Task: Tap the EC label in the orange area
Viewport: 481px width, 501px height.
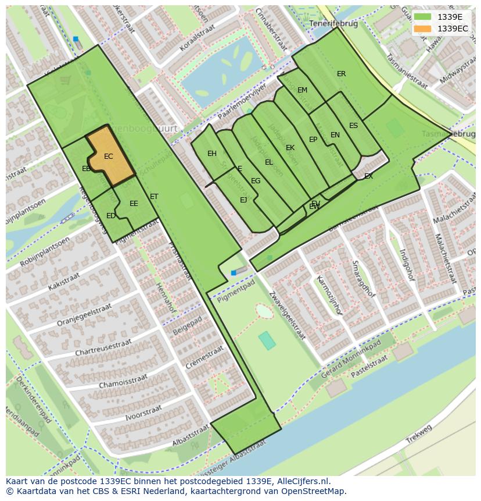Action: [x=109, y=157]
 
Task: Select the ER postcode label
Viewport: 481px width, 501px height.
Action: [x=341, y=74]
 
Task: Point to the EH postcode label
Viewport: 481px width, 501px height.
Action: [x=212, y=154]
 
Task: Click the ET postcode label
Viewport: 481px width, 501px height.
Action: [x=154, y=197]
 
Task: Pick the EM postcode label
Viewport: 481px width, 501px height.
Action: [x=302, y=90]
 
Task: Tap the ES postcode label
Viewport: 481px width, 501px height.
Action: [x=353, y=126]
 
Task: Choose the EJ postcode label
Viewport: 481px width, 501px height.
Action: [x=243, y=200]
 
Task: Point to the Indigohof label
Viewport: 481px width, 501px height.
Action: [x=406, y=265]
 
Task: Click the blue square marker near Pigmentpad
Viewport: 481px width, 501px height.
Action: [x=234, y=273]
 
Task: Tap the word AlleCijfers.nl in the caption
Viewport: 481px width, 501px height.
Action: [x=302, y=481]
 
